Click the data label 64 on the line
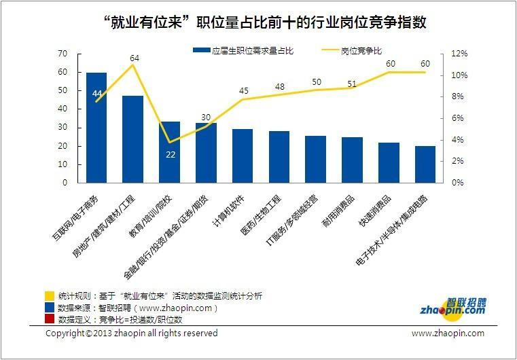[135, 58]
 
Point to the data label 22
[170, 154]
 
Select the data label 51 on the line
[353, 84]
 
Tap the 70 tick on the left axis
[63, 54]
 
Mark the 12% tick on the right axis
[459, 54]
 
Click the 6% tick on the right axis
[457, 118]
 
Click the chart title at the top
[268, 22]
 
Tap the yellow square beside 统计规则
[49, 296]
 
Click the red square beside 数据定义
[49, 319]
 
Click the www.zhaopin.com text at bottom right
[448, 334]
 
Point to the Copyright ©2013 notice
[131, 334]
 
